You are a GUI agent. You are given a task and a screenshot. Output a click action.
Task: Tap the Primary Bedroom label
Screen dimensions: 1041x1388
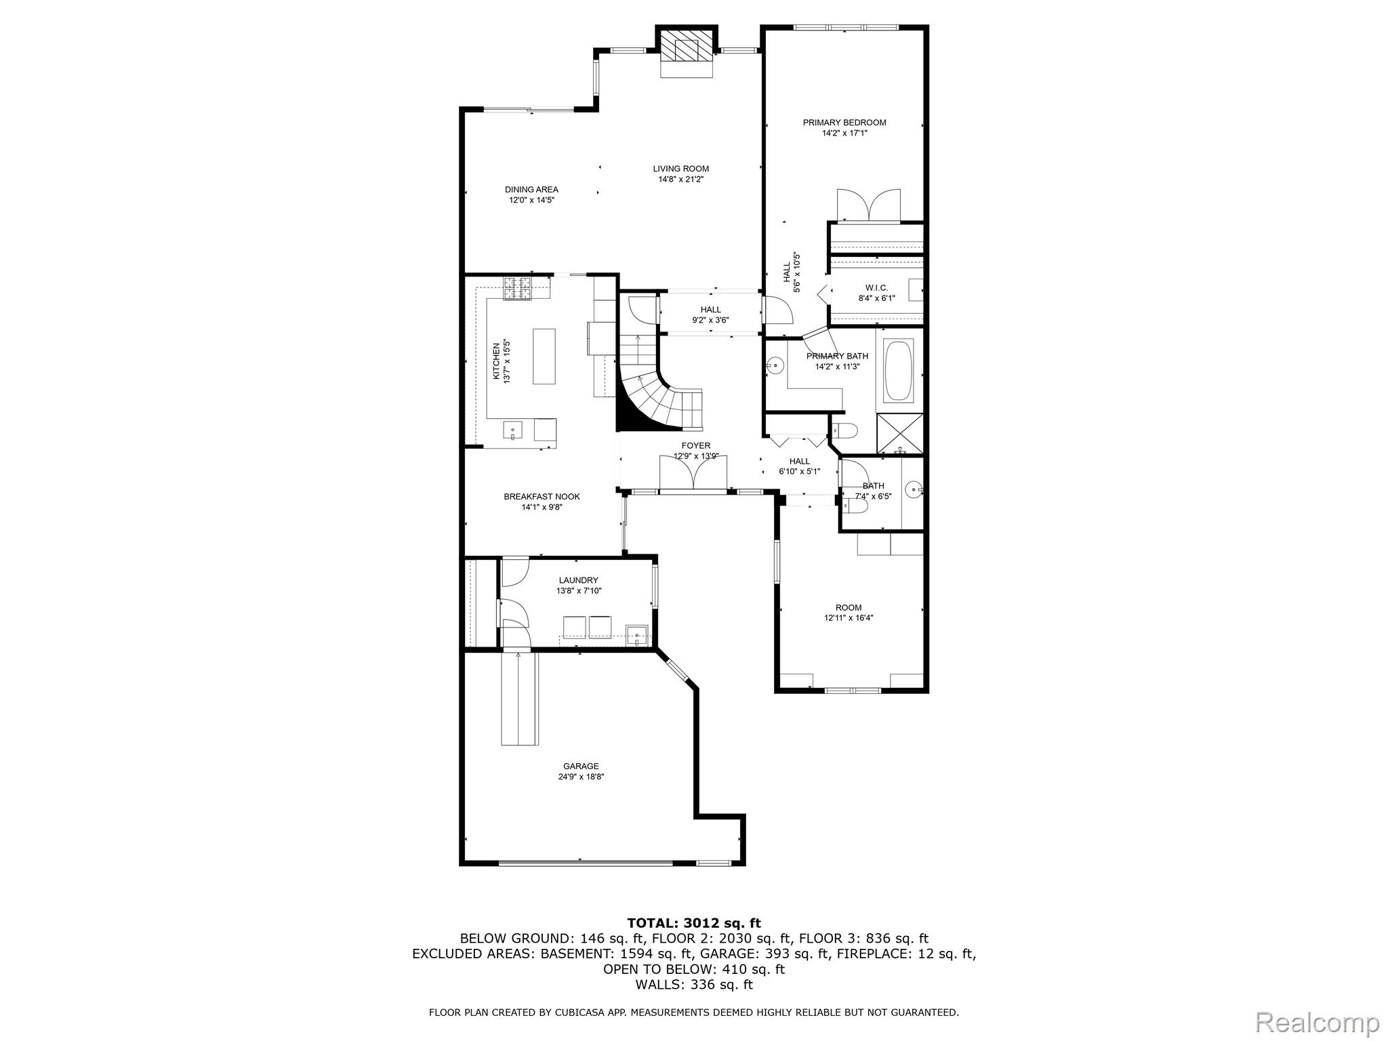click(844, 123)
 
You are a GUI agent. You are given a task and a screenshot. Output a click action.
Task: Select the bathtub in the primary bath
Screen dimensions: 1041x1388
click(899, 371)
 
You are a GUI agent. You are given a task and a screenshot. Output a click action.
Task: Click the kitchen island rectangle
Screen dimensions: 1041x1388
click(544, 356)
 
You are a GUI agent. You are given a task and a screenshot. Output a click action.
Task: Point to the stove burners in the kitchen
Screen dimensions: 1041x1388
click(518, 288)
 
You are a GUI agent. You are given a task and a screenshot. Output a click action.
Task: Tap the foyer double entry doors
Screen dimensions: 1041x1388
click(693, 472)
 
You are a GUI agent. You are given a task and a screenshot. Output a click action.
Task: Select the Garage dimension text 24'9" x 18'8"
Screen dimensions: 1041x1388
click(581, 777)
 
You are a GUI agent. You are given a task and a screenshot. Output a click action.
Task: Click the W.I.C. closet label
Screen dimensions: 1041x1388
click(876, 288)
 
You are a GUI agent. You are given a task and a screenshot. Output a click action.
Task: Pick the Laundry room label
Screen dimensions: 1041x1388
click(578, 580)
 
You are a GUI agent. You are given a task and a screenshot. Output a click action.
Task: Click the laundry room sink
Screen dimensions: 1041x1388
click(637, 635)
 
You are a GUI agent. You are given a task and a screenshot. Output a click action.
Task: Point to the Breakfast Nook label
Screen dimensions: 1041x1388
click(542, 497)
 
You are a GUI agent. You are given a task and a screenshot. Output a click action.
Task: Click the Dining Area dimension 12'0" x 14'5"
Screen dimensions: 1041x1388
click(532, 201)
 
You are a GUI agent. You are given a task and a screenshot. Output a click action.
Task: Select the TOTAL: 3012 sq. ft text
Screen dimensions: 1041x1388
click(693, 923)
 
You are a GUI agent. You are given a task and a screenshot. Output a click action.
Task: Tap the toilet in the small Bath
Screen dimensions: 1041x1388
click(853, 506)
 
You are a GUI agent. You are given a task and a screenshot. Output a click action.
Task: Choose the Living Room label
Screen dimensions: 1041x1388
click(680, 169)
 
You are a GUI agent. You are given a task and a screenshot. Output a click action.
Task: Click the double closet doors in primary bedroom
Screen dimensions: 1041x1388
click(869, 206)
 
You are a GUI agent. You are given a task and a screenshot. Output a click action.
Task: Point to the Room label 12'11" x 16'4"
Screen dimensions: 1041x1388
click(848, 608)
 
